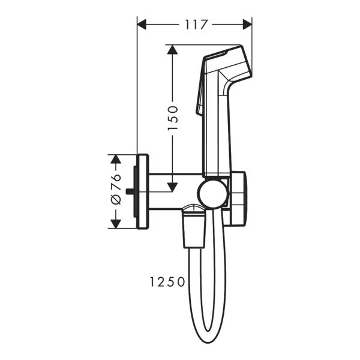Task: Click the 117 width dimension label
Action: tap(195, 25)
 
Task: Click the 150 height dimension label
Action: tap(172, 118)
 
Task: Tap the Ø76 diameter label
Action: tap(116, 191)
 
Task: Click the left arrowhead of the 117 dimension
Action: tap(142, 25)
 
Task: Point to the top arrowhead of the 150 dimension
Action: tap(172, 50)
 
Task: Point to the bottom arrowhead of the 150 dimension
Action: tap(172, 187)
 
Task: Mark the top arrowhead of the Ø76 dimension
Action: tap(116, 158)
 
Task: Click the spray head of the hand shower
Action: tap(226, 63)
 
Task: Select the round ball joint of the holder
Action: tap(211, 194)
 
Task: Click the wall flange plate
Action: tap(142, 191)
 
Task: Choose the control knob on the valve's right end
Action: tap(238, 198)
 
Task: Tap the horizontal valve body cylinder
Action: tap(174, 191)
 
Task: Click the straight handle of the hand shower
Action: tap(217, 132)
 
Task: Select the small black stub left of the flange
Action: tap(130, 192)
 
